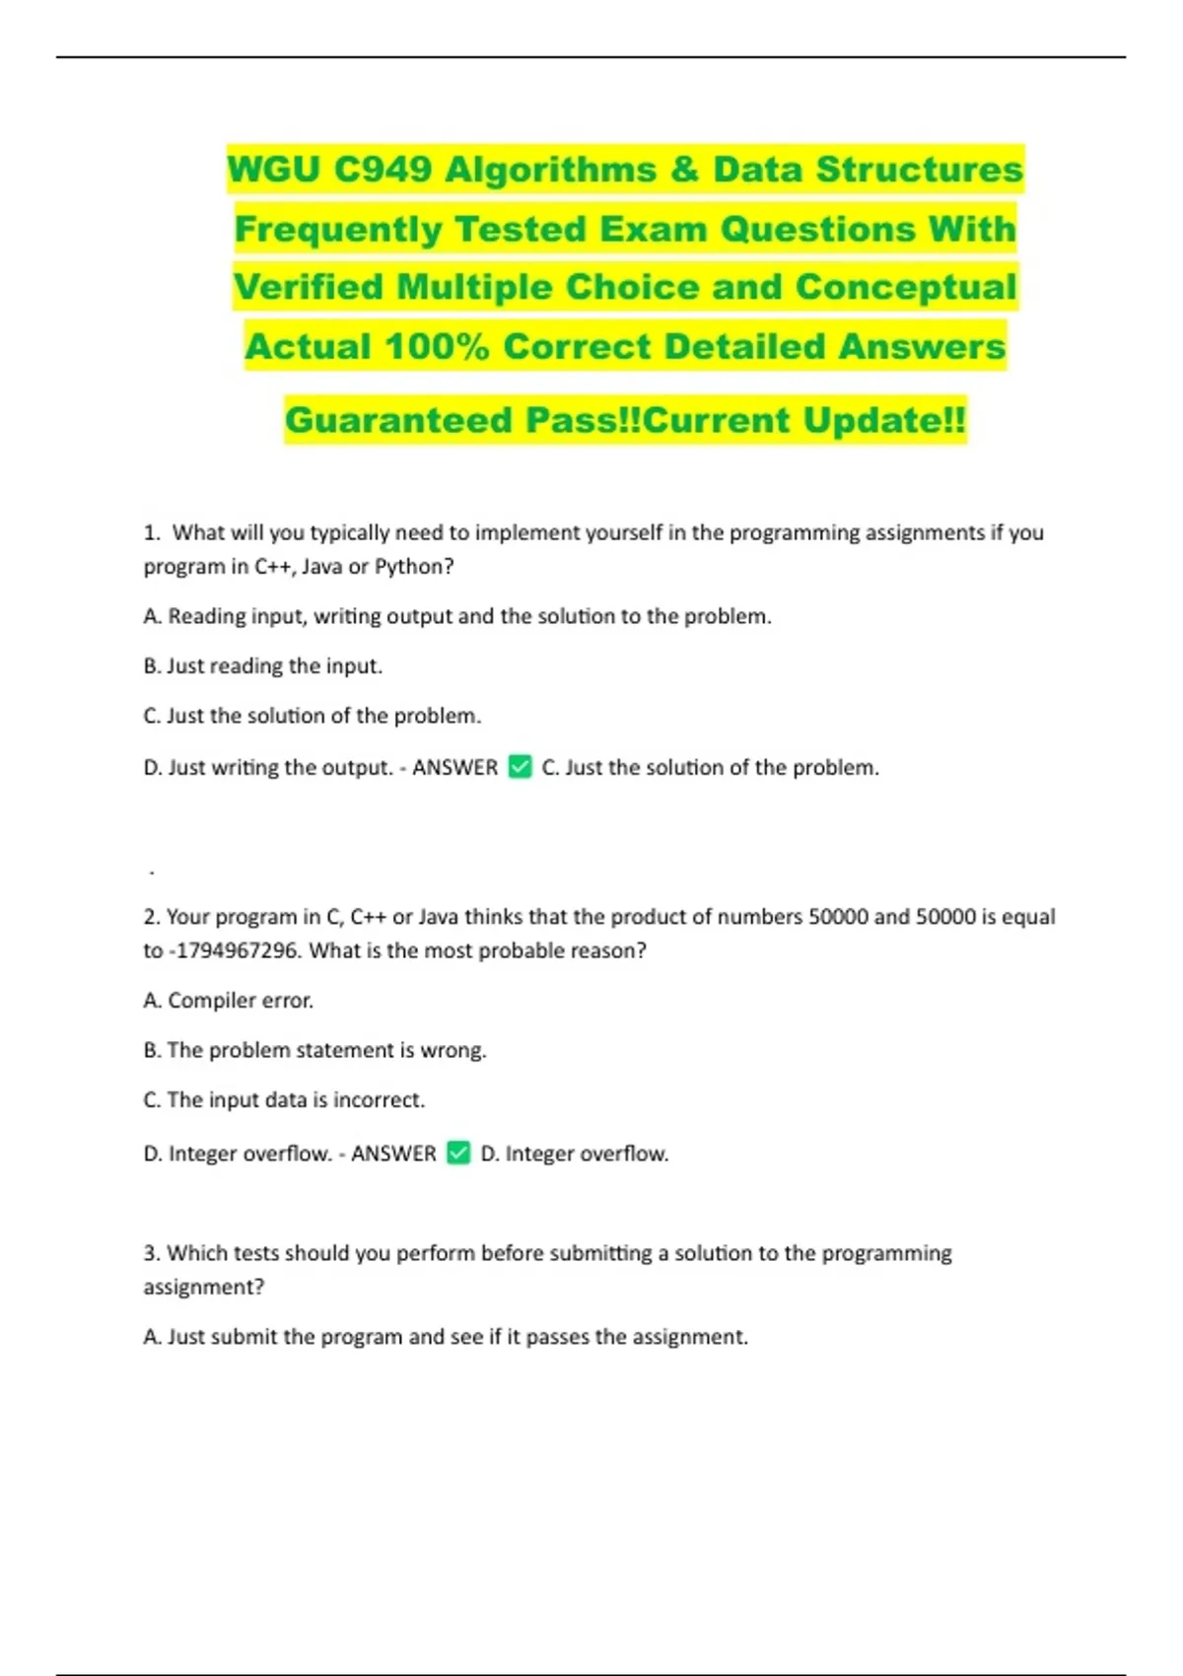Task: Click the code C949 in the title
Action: pos(383,170)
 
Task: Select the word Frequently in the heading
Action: pos(338,229)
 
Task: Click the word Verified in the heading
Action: pos(309,287)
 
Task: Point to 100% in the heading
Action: pos(437,346)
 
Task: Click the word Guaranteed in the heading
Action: pos(398,420)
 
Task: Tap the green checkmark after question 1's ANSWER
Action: pos(520,766)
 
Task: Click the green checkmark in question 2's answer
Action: pos(458,1152)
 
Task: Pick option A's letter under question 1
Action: pos(152,616)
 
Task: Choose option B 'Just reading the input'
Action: pos(262,666)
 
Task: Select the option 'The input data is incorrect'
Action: pos(284,1099)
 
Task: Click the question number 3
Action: pos(151,1253)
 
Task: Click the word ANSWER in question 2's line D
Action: pos(393,1153)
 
